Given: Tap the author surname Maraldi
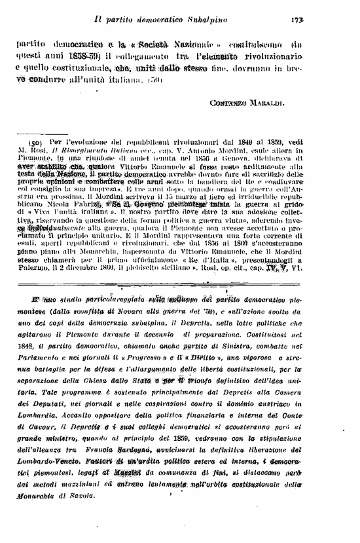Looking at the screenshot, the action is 262,103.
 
